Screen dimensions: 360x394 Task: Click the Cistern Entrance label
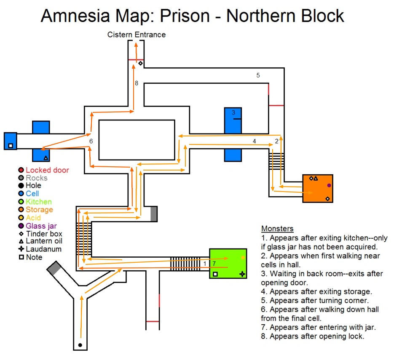137,35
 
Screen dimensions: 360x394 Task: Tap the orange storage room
318,189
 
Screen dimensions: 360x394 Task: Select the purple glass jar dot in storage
329,185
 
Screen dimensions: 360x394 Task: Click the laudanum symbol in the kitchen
242,274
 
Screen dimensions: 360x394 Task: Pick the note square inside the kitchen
215,274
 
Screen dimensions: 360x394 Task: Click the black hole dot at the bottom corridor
80,345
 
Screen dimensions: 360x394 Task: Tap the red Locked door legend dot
21,170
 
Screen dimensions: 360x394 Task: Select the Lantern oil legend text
44,241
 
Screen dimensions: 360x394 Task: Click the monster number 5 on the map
258,75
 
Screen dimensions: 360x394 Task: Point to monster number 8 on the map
137,83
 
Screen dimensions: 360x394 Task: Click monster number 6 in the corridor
91,141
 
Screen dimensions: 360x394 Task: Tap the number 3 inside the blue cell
233,113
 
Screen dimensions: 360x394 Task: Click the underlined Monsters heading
277,229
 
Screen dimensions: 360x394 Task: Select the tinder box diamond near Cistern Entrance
140,64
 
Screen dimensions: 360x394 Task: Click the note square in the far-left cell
11,146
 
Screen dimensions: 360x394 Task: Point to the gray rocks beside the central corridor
154,213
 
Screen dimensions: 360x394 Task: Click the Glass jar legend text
41,226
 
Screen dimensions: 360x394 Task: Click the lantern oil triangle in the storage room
316,179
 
